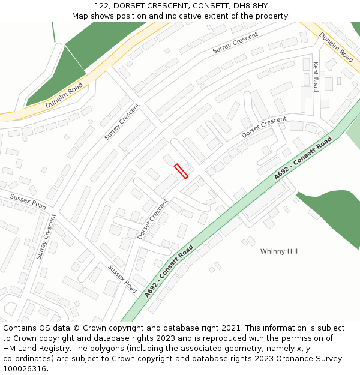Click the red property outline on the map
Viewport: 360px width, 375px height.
tap(181, 171)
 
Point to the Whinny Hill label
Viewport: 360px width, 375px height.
tap(278, 251)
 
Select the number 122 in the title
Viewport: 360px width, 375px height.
tap(102, 5)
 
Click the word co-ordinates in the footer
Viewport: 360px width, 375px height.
tap(25, 359)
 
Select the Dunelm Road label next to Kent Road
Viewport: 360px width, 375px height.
tap(336, 46)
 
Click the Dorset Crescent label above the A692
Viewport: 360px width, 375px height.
tap(264, 127)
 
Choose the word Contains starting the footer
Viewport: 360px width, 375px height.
tap(20, 328)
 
